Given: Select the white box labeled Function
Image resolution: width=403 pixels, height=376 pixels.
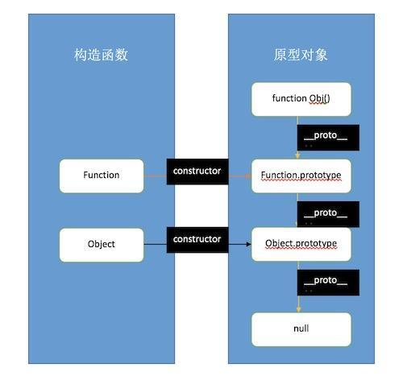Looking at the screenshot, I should (x=101, y=175).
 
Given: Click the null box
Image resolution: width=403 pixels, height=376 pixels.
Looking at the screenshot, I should (x=301, y=328).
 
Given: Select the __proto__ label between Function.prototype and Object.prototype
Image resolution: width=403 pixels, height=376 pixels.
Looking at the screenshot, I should (x=325, y=213).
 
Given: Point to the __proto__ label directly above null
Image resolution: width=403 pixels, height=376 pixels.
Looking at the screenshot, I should (x=325, y=282).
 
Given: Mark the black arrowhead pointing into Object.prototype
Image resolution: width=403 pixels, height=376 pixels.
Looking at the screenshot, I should (x=247, y=242).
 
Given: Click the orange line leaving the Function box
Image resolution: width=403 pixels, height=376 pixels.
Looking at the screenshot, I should (x=155, y=175).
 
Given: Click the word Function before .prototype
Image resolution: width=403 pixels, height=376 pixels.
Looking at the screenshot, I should (x=279, y=175).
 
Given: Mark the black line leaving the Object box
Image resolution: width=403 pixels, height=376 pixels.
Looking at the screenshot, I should (x=155, y=242).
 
